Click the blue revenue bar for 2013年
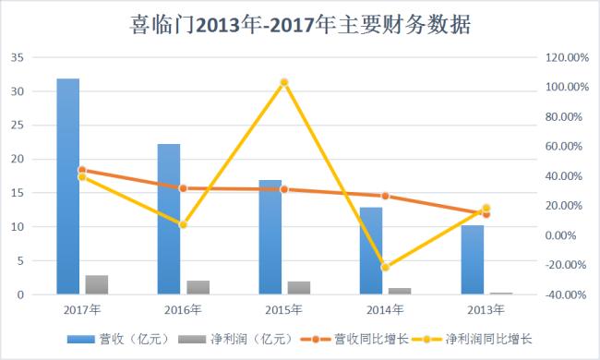click(472, 259)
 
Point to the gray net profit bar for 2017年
click(97, 285)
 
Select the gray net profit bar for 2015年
click(299, 288)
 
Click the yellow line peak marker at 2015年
click(284, 82)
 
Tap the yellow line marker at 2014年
click(385, 268)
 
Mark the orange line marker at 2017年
click(82, 170)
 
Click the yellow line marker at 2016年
click(183, 224)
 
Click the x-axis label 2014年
click(385, 309)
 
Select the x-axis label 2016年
click(183, 309)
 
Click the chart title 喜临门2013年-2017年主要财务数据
click(300, 25)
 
